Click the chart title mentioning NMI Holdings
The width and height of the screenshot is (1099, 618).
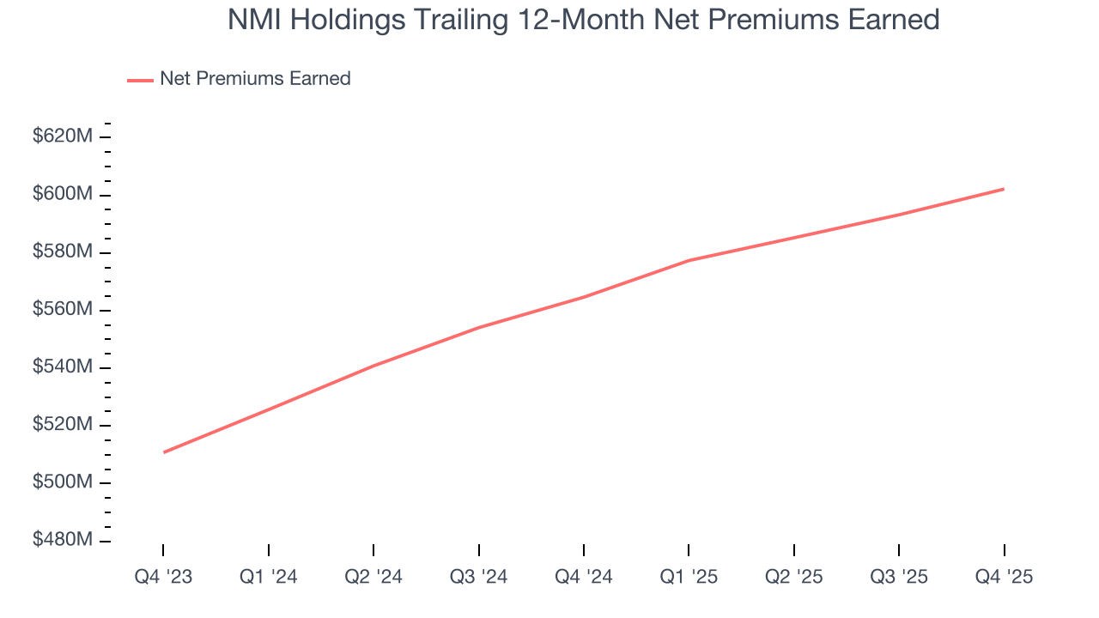click(x=583, y=20)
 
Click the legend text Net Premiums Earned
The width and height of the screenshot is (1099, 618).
click(x=255, y=79)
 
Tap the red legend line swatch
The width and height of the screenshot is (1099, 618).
click(x=140, y=80)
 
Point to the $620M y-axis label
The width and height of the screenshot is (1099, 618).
click(x=63, y=136)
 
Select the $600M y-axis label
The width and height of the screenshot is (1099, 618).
click(x=63, y=195)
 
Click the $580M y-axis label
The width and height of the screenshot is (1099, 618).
click(x=63, y=252)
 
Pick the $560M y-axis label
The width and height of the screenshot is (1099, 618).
click(x=63, y=310)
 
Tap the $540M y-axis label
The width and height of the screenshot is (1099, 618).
click(x=63, y=367)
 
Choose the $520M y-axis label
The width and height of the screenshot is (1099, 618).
click(x=63, y=425)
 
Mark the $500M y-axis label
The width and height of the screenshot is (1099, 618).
click(x=63, y=482)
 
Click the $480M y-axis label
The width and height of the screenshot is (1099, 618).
click(x=63, y=541)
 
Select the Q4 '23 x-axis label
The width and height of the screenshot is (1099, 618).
click(x=163, y=578)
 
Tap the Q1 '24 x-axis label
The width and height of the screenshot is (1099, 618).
click(x=269, y=578)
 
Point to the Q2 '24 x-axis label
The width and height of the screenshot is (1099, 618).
click(x=373, y=578)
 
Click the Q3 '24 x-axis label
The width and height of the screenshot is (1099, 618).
click(x=478, y=578)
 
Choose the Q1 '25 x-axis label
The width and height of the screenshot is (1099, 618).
click(x=689, y=578)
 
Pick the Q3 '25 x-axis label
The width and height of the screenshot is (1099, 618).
click(x=899, y=578)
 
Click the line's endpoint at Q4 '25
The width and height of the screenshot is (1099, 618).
click(x=1004, y=189)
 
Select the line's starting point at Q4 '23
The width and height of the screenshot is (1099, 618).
click(x=163, y=452)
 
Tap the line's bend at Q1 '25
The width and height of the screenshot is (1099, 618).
click(x=689, y=260)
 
